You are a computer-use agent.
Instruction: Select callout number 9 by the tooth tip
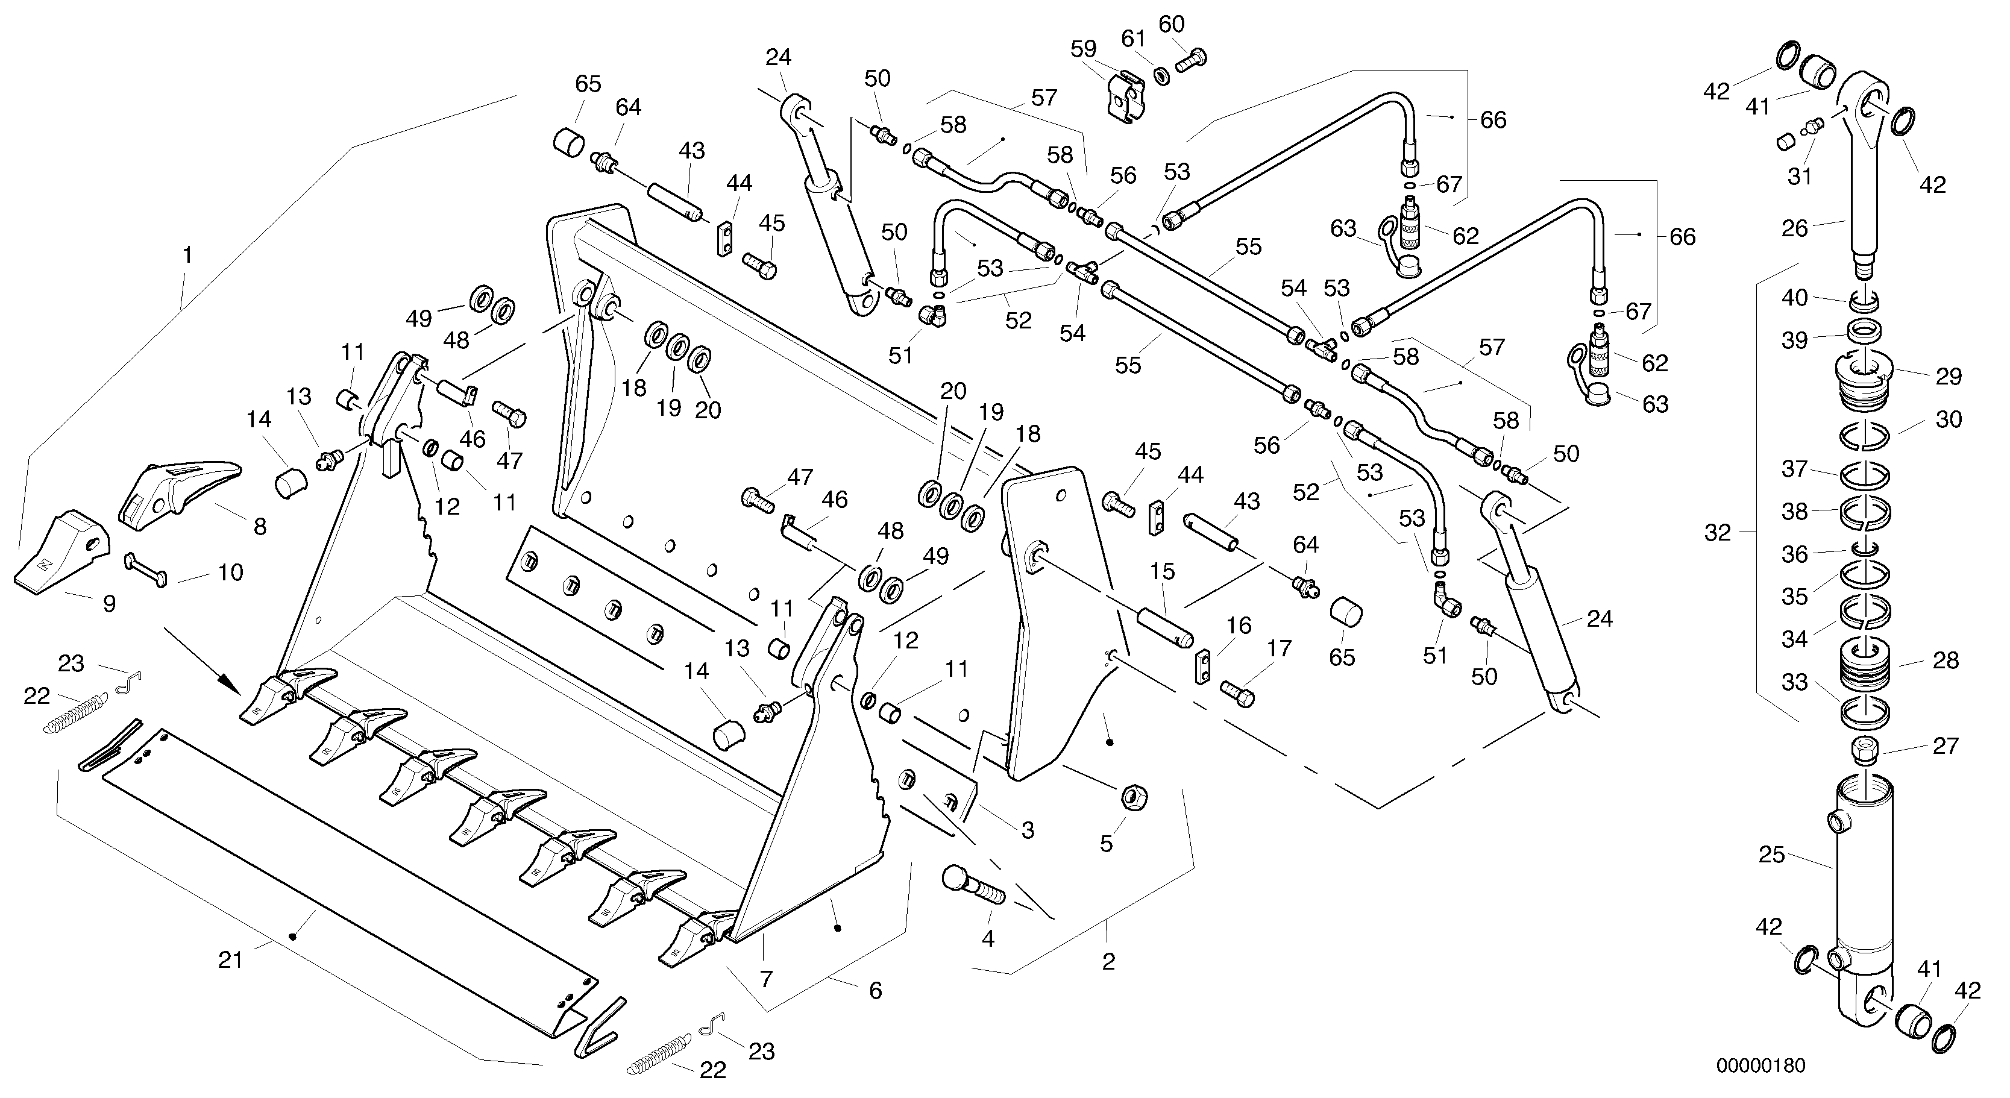109,603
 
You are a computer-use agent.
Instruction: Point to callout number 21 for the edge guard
230,960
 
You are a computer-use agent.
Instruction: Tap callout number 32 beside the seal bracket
1718,533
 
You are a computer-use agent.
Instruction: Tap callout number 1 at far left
187,255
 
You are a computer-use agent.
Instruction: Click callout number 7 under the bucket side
765,978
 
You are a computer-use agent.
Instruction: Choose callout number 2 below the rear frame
1108,961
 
